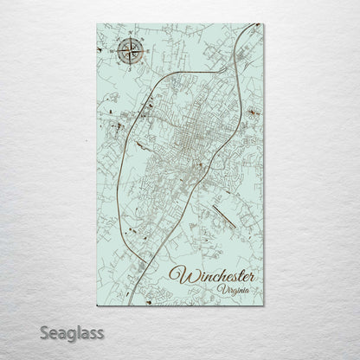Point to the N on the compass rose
tap(130, 36)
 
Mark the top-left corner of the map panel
tap(97, 24)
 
